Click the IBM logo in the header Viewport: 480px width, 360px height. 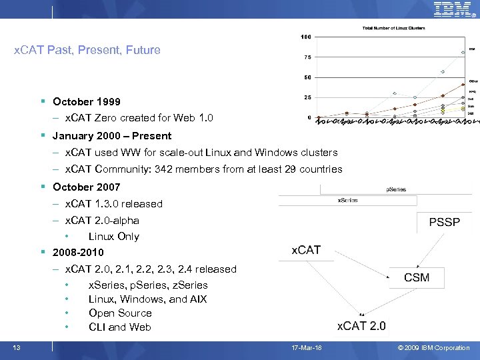(x=453, y=9)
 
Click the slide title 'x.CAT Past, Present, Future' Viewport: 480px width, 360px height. (x=87, y=50)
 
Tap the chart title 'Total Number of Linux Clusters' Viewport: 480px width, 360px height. (x=393, y=28)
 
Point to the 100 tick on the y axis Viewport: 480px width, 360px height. (x=306, y=36)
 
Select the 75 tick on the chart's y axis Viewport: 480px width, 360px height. (x=307, y=57)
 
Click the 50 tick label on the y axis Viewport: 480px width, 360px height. (x=307, y=77)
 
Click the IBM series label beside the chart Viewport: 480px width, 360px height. (x=471, y=49)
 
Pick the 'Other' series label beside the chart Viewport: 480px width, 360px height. (x=473, y=81)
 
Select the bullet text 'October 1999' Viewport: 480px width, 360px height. (x=87, y=102)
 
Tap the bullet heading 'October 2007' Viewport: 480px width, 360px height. (x=87, y=187)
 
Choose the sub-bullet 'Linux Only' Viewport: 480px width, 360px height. (x=114, y=237)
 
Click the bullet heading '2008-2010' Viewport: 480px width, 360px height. (x=78, y=253)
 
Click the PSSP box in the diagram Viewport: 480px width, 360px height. (x=444, y=221)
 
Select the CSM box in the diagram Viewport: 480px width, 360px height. (x=417, y=277)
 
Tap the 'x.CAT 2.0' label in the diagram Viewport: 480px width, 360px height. (x=361, y=325)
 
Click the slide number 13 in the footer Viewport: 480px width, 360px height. (x=16, y=347)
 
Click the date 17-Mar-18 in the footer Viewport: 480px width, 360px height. (x=307, y=347)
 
